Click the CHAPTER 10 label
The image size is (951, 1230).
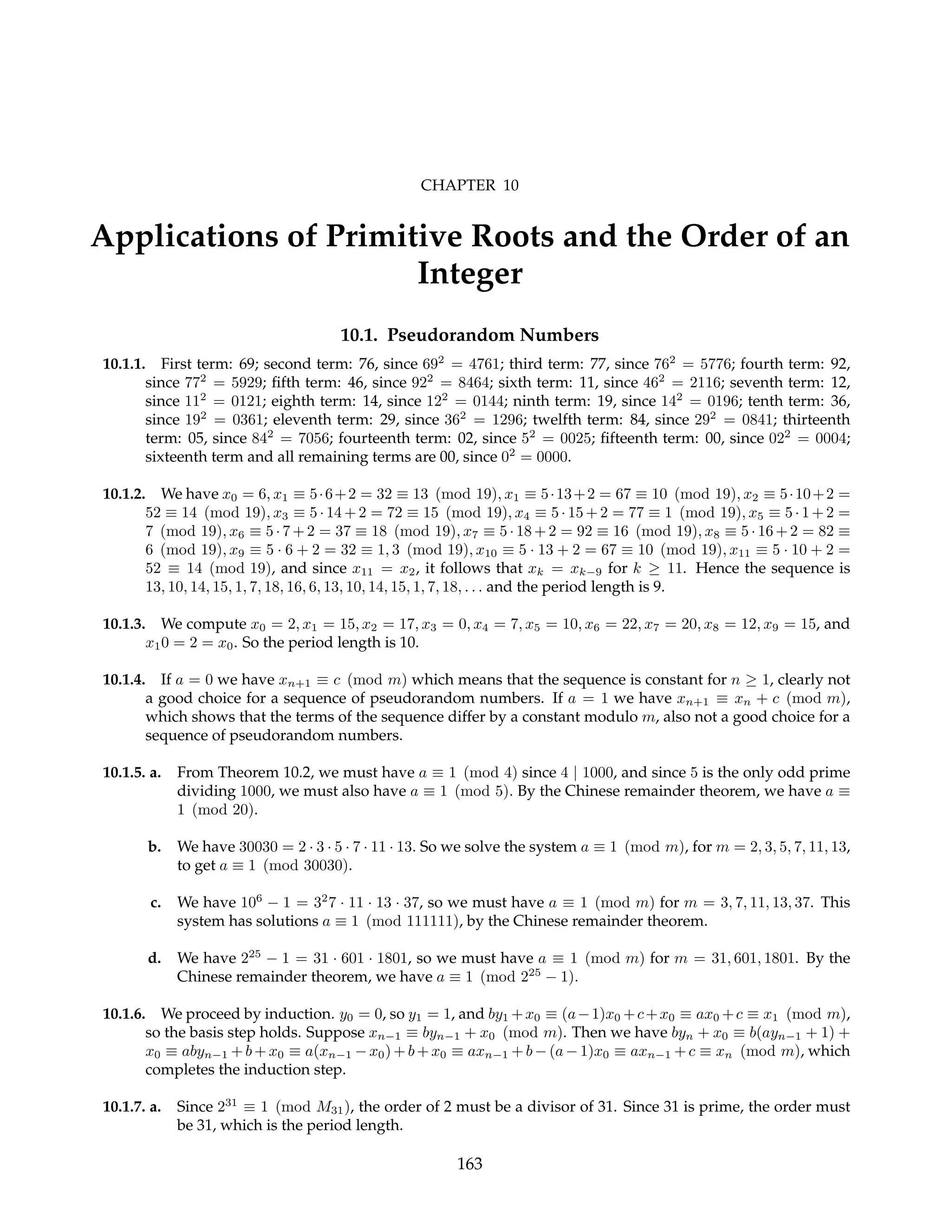pyautogui.click(x=469, y=185)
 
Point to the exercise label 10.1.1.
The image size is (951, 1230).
pyautogui.click(x=124, y=364)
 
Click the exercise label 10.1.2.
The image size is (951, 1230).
pyautogui.click(x=124, y=494)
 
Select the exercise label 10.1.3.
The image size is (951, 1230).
pyautogui.click(x=124, y=624)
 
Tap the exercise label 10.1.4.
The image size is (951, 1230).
pyautogui.click(x=124, y=680)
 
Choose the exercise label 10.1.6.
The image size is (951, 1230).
pyautogui.click(x=124, y=1014)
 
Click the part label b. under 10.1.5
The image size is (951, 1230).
pyautogui.click(x=155, y=847)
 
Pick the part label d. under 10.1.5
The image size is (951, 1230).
pyautogui.click(x=155, y=958)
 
